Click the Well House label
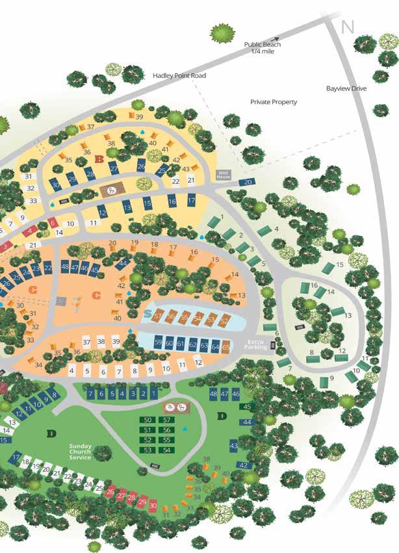(x=224, y=174)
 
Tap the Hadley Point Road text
(x=179, y=76)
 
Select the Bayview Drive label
(x=346, y=88)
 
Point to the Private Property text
(x=274, y=102)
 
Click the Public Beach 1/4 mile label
(x=263, y=48)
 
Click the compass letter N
(x=348, y=27)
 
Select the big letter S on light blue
(x=149, y=314)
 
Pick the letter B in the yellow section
(x=99, y=159)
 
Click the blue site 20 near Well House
(x=248, y=183)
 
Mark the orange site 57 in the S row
(x=158, y=316)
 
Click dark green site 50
(x=148, y=420)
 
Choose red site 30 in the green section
(x=153, y=505)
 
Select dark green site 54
(x=167, y=450)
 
